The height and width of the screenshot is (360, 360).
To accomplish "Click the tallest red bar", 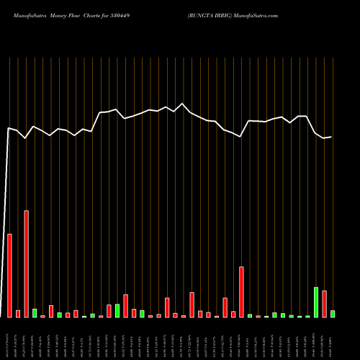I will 27,264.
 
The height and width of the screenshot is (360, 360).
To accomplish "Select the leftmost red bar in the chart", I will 10,275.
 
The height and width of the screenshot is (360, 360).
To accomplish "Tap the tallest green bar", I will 316,302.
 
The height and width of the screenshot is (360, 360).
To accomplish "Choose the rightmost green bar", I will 333,314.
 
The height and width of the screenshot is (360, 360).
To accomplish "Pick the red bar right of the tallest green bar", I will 324,303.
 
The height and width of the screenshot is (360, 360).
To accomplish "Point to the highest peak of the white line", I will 183,104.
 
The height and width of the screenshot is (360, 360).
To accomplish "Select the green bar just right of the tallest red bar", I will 35,312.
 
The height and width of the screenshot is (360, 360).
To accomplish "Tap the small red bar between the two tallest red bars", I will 18,313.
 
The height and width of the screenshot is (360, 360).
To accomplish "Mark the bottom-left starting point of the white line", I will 2,317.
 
